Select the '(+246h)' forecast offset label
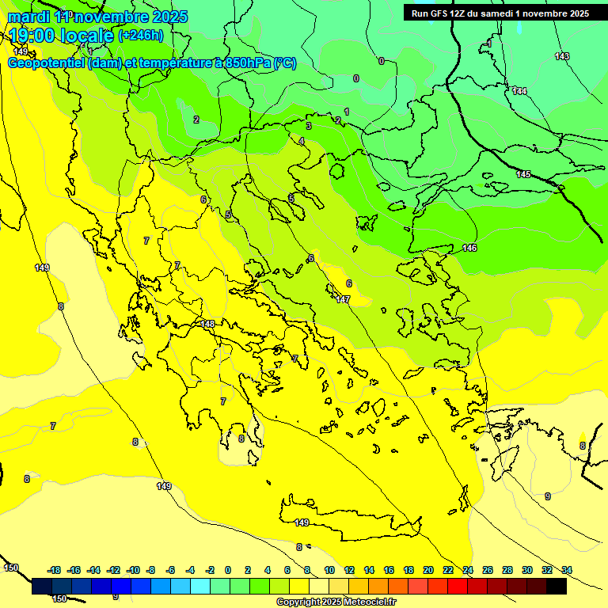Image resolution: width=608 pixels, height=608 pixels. tap(141, 35)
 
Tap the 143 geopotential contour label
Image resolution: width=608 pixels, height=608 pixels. tap(562, 56)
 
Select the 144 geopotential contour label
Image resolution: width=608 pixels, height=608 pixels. tap(519, 91)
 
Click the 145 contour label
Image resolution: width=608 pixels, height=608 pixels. tap(523, 174)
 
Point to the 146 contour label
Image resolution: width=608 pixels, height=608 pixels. tap(469, 248)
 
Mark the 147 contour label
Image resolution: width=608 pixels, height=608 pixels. tap(343, 299)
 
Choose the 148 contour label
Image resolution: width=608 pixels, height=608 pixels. tap(207, 324)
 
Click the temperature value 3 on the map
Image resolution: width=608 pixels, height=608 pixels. tap(309, 126)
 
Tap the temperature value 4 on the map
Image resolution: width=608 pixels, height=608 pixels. tap(301, 141)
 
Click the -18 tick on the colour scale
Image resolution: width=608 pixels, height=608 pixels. tap(54, 570)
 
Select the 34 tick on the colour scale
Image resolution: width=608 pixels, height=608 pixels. tap(566, 570)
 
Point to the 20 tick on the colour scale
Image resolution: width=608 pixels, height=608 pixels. tap(428, 570)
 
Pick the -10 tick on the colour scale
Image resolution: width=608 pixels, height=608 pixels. tap(133, 570)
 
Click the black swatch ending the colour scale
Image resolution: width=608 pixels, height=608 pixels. tap(557, 587)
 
